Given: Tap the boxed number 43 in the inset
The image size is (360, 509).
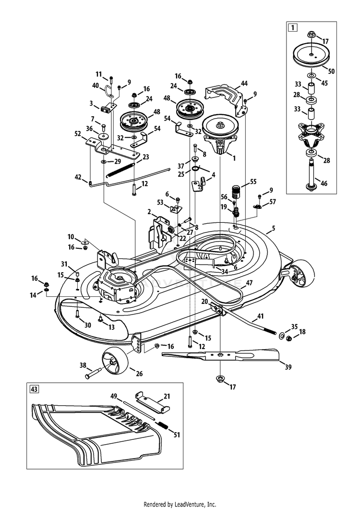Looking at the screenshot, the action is point(34,389).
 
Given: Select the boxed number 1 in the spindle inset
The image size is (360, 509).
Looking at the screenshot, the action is point(292,27).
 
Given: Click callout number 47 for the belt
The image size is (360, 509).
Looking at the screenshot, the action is point(249,283).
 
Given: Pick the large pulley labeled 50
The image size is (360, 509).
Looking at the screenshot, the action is point(311,56).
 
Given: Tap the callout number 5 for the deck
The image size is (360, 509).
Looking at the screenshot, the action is point(274,228).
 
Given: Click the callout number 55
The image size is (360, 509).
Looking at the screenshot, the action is point(253,182).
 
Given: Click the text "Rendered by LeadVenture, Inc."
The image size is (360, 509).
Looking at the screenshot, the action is point(180,505).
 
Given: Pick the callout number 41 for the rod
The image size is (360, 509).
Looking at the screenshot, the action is point(261,315).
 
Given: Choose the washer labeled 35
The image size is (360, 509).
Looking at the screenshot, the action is point(280,334).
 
